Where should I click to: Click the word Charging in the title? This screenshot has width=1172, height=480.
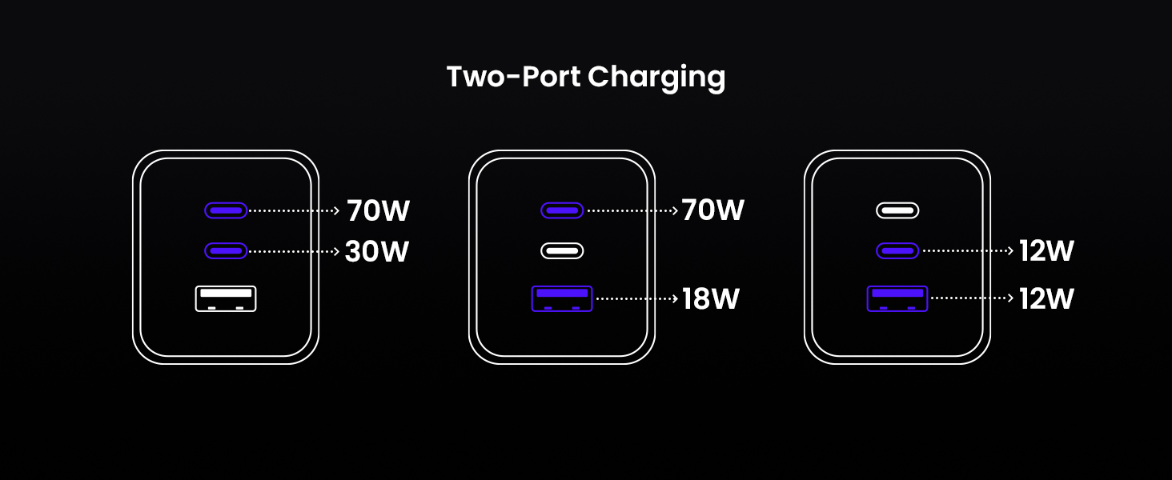point(656,78)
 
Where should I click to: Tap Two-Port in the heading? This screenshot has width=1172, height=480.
point(513,77)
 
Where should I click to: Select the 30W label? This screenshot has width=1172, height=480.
point(377,251)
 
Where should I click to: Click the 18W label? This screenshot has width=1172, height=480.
point(711,299)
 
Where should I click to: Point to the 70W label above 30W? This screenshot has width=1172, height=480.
point(378,211)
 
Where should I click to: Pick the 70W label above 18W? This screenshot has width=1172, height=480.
point(713,210)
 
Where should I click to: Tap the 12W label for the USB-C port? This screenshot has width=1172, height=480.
point(1046,251)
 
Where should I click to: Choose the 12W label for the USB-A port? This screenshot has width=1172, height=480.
point(1046,299)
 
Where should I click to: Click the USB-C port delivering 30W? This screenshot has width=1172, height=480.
point(226,250)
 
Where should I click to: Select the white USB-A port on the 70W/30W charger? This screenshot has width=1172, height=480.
point(226,298)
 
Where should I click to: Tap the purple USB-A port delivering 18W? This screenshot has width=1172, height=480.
point(562,298)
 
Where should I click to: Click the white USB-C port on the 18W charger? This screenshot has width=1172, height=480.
point(562,250)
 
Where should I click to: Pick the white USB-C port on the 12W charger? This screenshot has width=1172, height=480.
point(897,210)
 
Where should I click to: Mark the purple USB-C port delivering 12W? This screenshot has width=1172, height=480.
point(897,250)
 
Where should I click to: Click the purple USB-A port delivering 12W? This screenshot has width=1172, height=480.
point(897,298)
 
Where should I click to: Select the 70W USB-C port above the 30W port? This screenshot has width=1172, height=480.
point(226,210)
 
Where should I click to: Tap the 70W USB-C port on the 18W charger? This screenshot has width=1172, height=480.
point(562,210)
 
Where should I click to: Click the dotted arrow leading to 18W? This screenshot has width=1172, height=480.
point(636,298)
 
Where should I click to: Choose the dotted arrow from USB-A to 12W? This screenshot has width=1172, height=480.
point(972,298)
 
